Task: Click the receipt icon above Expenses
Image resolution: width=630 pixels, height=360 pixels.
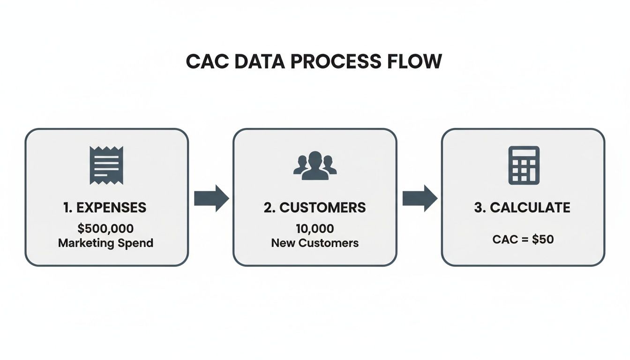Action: click(x=106, y=165)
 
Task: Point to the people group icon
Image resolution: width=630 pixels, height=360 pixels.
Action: click(x=315, y=165)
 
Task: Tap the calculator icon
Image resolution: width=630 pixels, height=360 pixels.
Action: click(x=524, y=165)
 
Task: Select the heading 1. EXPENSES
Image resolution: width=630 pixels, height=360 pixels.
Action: click(x=105, y=208)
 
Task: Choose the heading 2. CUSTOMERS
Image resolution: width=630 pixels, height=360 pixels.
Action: click(x=315, y=208)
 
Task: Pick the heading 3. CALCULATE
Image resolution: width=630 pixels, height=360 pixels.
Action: click(x=522, y=208)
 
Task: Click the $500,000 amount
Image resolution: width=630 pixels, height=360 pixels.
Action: click(x=106, y=229)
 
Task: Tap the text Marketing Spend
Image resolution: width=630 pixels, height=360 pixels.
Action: click(x=106, y=243)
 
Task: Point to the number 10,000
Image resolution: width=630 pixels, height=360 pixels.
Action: click(x=315, y=229)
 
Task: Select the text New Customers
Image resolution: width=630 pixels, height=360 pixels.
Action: click(x=315, y=243)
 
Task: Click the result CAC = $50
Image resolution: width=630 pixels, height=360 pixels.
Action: click(x=523, y=240)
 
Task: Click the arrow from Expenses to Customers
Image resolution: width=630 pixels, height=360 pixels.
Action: click(x=211, y=198)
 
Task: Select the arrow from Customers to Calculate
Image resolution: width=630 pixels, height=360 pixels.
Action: click(x=420, y=198)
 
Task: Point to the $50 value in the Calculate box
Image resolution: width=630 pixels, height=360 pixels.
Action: click(x=543, y=240)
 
